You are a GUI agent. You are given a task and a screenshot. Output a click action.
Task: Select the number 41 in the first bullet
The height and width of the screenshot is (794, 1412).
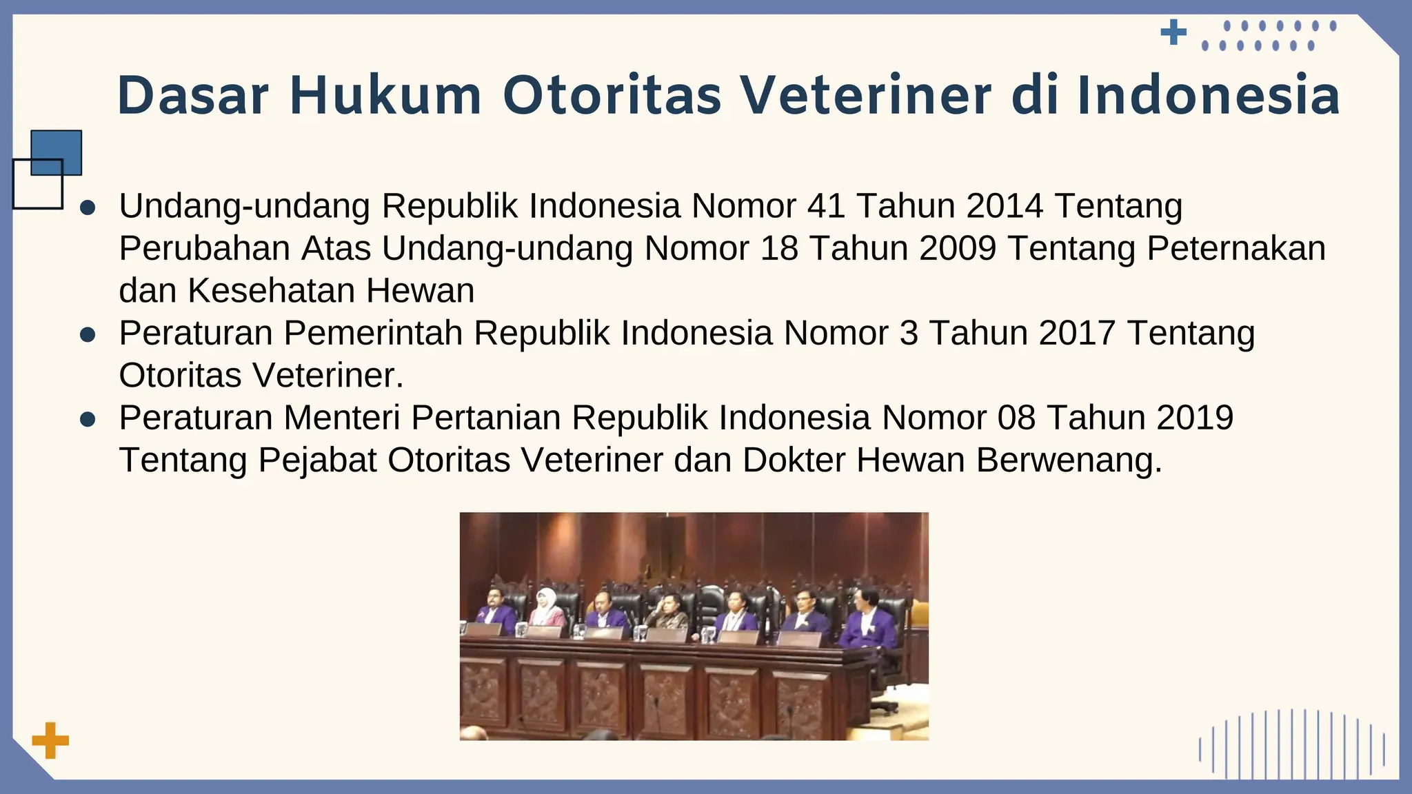coord(826,205)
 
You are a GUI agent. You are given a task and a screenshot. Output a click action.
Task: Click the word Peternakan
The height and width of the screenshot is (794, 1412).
coord(1235,248)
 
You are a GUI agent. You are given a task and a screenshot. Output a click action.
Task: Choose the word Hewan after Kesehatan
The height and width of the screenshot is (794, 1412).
coord(420,291)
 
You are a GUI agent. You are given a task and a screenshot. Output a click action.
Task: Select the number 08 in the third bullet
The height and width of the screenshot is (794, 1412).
coord(1016,418)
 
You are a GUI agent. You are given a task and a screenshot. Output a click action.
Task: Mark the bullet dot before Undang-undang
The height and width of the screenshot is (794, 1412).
coord(88,207)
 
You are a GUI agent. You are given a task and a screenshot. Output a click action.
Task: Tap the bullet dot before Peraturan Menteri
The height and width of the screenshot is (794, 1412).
coord(88,420)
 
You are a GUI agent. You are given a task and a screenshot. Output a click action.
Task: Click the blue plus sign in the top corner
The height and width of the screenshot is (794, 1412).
coord(1173,32)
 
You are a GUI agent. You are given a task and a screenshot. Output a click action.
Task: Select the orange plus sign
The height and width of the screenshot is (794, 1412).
coord(50,741)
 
